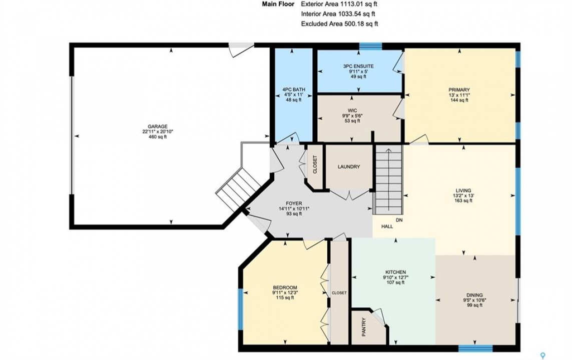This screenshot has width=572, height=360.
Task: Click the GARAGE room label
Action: tap(158, 126)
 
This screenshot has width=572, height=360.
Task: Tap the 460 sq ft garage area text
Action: tap(158, 136)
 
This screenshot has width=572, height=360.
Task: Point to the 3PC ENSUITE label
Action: tap(358, 66)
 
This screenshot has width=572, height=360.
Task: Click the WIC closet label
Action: tap(352, 111)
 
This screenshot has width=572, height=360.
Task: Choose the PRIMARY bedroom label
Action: tap(459, 90)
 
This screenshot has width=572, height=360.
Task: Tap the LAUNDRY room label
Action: tap(349, 167)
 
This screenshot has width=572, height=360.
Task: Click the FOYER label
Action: tap(294, 203)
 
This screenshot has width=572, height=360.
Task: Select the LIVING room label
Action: tap(463, 190)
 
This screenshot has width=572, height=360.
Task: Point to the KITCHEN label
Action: tap(396, 272)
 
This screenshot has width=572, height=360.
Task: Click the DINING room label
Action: tap(474, 295)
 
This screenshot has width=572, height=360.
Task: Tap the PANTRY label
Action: tap(364, 327)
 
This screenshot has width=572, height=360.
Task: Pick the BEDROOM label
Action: tap(285, 287)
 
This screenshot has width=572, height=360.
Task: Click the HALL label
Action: tap(387, 226)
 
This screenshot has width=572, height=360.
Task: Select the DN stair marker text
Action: tap(399, 220)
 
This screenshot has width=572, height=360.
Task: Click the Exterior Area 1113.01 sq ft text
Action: tap(339, 4)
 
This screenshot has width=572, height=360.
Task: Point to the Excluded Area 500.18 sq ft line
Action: tap(339, 24)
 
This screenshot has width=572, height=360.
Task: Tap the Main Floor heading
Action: tap(277, 4)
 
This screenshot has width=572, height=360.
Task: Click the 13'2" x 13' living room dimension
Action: tap(463, 195)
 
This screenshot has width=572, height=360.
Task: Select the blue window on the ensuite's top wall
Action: tap(371, 46)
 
